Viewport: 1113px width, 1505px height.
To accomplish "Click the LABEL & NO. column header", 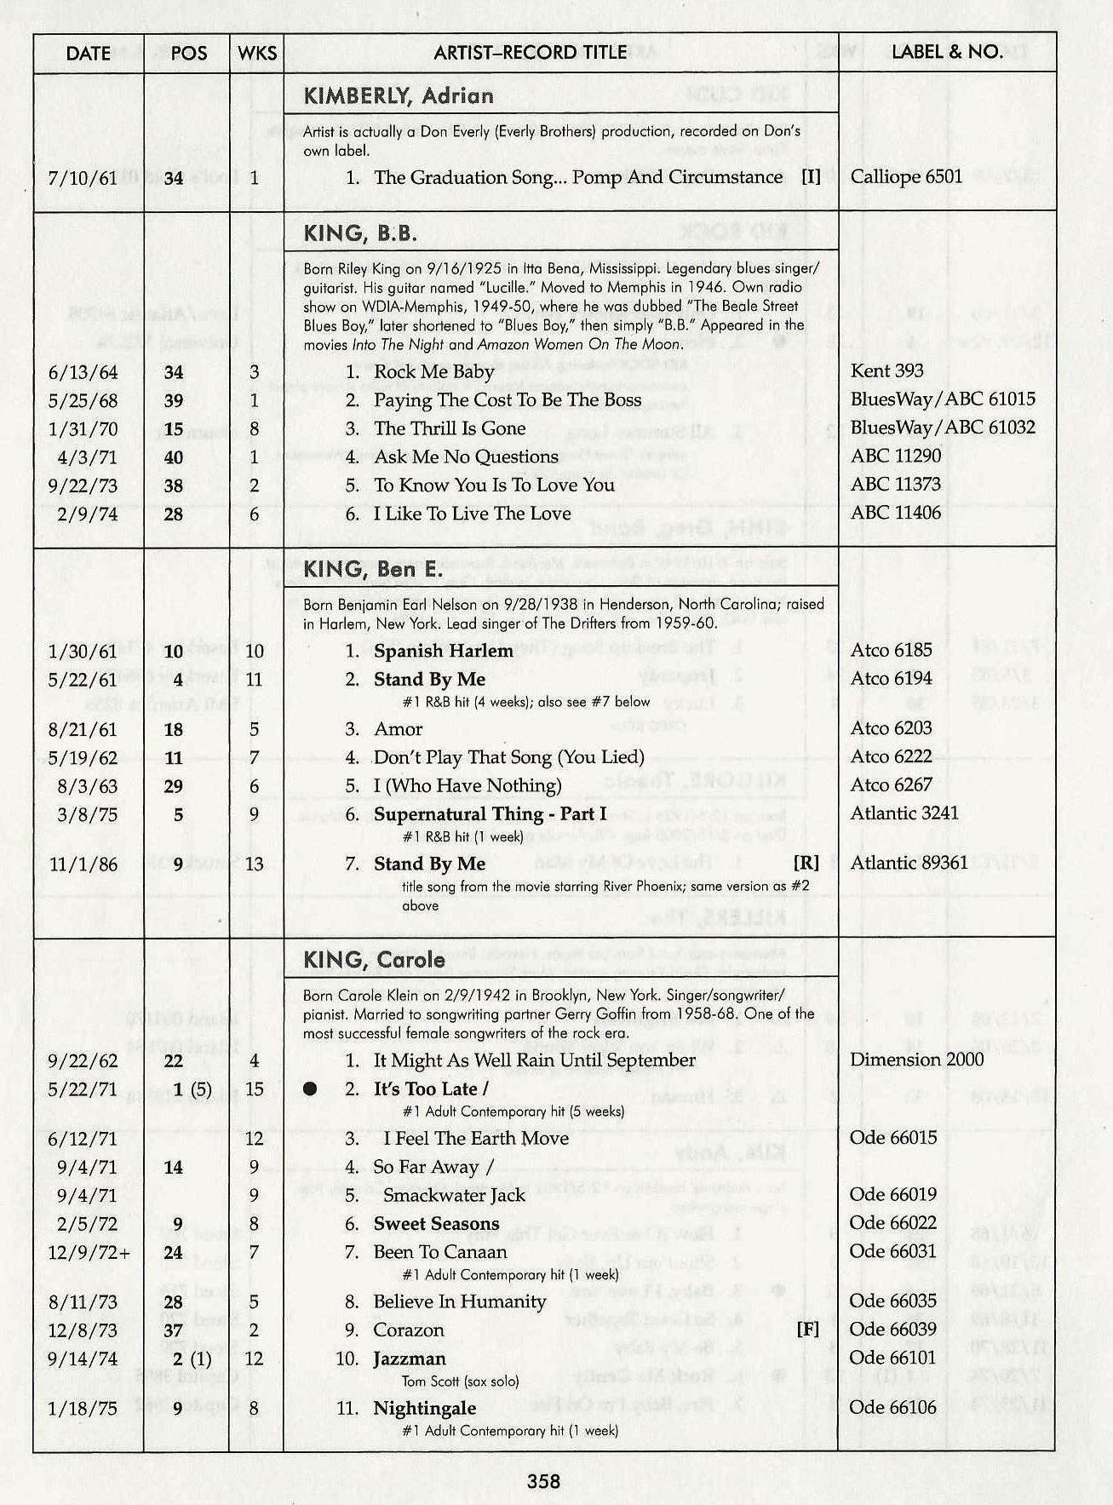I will (946, 52).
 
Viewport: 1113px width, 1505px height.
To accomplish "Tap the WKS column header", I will (256, 53).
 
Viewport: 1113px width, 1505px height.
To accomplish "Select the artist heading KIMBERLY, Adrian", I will (399, 95).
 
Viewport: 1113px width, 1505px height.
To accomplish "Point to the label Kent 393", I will (886, 371).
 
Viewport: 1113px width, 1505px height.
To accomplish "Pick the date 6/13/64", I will (83, 372).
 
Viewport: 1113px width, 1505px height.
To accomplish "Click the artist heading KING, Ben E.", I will (372, 569).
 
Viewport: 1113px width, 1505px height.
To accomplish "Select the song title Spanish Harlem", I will (443, 651).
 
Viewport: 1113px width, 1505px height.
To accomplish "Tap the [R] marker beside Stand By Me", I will (806, 863).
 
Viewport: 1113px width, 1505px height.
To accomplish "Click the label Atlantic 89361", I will (909, 863).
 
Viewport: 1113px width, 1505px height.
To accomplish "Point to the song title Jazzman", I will (409, 1359).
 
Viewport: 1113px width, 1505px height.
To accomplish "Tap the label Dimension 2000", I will (916, 1060).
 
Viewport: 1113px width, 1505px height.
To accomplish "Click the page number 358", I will (543, 1481).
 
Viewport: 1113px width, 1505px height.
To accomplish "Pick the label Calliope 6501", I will (906, 176).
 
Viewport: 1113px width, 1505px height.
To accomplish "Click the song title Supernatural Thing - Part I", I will (490, 814).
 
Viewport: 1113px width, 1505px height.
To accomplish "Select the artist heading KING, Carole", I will (374, 960).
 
